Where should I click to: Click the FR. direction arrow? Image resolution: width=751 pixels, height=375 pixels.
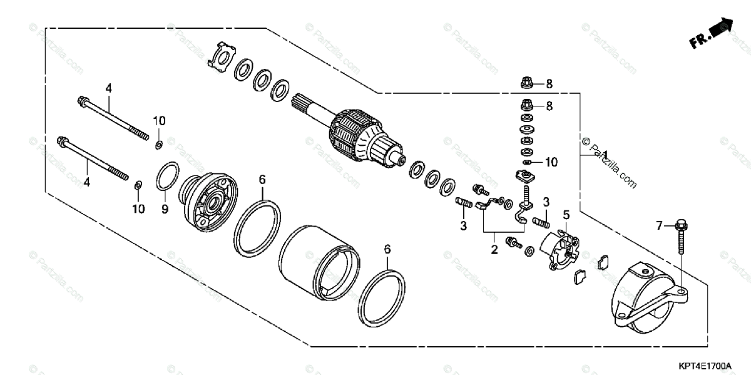tap(712, 33)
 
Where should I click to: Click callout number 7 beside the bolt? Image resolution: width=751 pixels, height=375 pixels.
tap(658, 224)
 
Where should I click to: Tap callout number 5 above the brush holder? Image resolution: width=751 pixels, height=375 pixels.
tap(566, 215)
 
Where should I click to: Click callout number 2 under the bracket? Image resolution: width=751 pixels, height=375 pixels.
tap(494, 250)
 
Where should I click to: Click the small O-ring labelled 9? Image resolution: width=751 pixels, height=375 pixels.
tap(166, 176)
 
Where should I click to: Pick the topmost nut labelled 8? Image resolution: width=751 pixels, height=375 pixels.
tap(527, 83)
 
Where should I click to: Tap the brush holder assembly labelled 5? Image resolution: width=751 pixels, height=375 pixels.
tap(558, 249)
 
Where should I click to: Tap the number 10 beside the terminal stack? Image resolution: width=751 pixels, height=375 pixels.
tap(551, 162)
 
